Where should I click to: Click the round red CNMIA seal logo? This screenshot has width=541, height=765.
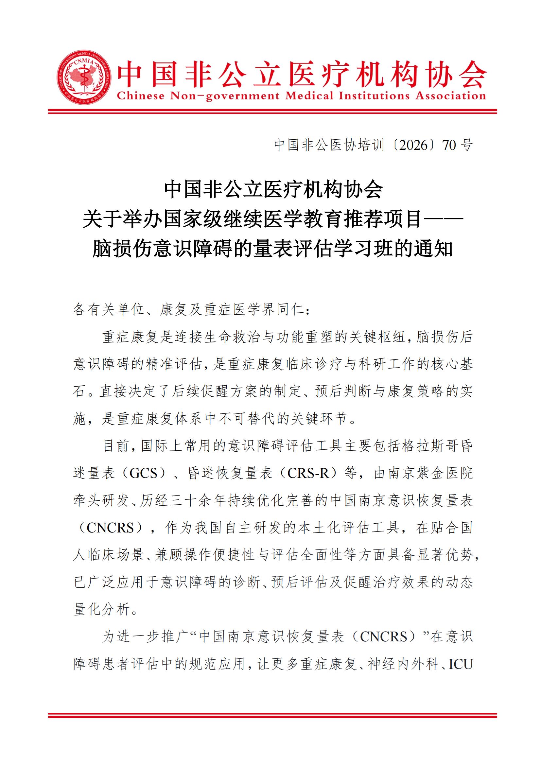click(84, 78)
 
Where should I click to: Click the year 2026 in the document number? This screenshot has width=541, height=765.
click(413, 145)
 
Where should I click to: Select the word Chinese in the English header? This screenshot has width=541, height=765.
click(141, 96)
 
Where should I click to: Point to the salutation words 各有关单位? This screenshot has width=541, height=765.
click(109, 310)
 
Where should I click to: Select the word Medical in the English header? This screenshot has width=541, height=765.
click(309, 96)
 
